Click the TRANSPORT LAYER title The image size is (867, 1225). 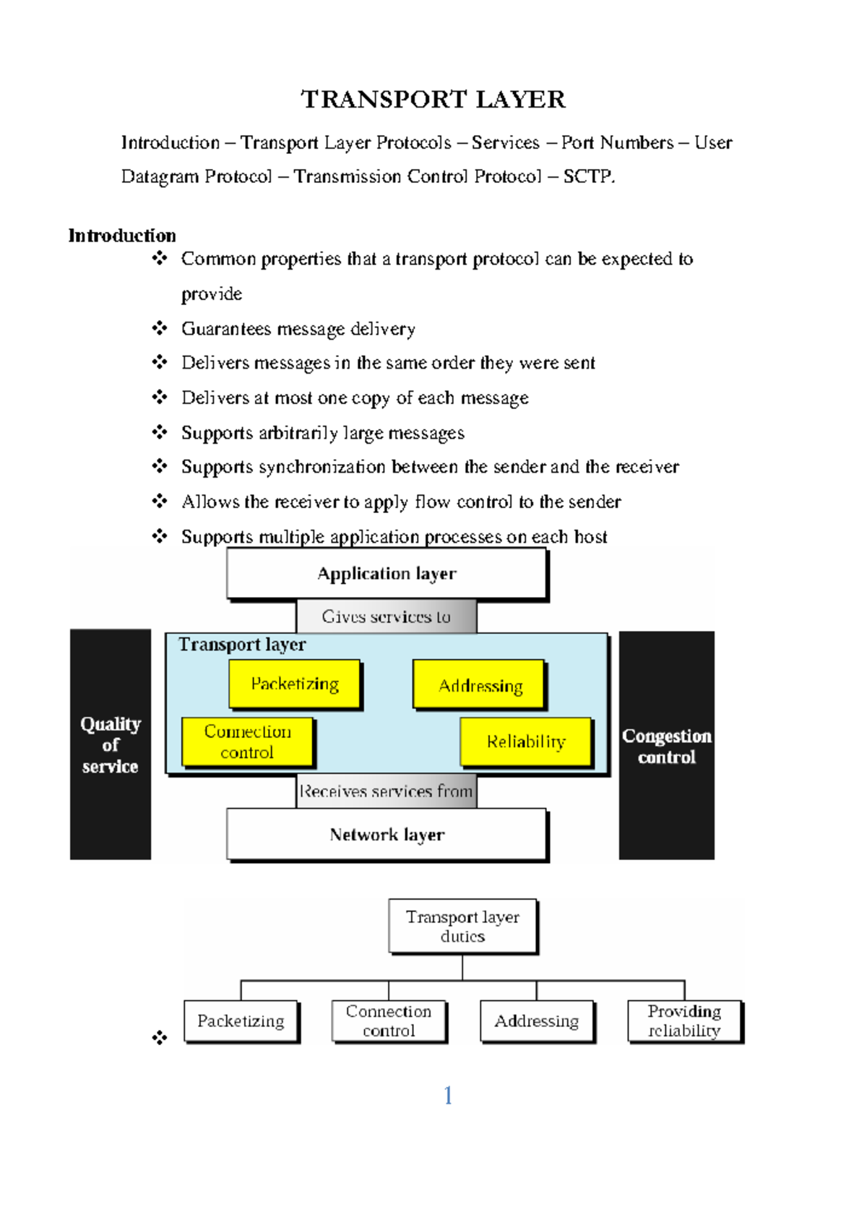[x=433, y=99]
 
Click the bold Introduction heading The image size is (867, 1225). [x=121, y=236]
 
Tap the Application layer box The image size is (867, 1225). [x=387, y=574]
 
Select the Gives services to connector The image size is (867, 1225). [x=387, y=616]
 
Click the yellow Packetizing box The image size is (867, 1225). [x=294, y=684]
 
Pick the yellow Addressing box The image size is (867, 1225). [x=480, y=685]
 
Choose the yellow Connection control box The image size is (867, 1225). [x=247, y=742]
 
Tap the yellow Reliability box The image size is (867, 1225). [x=526, y=742]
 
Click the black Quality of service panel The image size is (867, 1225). [x=111, y=744]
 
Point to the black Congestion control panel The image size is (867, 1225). [x=666, y=746]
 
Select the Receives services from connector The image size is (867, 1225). [x=387, y=791]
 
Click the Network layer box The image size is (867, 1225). [x=387, y=835]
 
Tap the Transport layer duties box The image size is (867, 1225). [x=462, y=927]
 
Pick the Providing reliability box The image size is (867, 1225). [x=683, y=1020]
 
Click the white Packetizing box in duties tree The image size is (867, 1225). [x=241, y=1020]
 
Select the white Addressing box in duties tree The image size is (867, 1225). [x=536, y=1020]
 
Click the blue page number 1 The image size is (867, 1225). [x=448, y=1096]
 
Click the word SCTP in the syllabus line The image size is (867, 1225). [x=587, y=176]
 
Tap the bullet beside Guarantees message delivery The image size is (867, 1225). [x=160, y=328]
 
